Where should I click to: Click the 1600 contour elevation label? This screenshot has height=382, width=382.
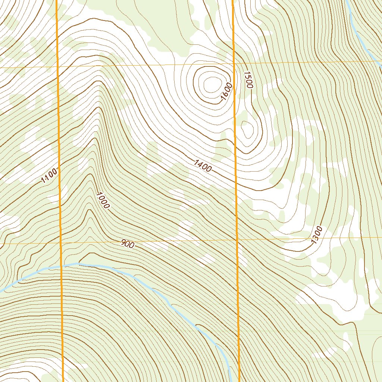[x=226, y=92]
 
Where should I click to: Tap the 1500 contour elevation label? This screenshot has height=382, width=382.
[x=248, y=79]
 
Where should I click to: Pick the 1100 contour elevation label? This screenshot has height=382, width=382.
[x=49, y=176]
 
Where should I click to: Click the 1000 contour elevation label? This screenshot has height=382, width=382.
[x=102, y=200]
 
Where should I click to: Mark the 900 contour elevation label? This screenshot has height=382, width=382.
[x=128, y=244]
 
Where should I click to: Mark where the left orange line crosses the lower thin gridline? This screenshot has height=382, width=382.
[x=60, y=243]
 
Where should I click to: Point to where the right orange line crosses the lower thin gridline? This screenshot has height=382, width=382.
[x=237, y=239]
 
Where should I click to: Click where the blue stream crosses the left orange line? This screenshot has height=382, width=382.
[x=61, y=266]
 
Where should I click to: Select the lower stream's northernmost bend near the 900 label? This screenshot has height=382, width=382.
[x=77, y=264]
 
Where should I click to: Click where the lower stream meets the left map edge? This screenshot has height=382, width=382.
[x=1, y=291]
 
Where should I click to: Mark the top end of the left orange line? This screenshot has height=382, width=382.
[x=56, y=1]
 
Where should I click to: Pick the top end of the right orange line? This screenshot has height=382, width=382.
[x=233, y=1]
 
